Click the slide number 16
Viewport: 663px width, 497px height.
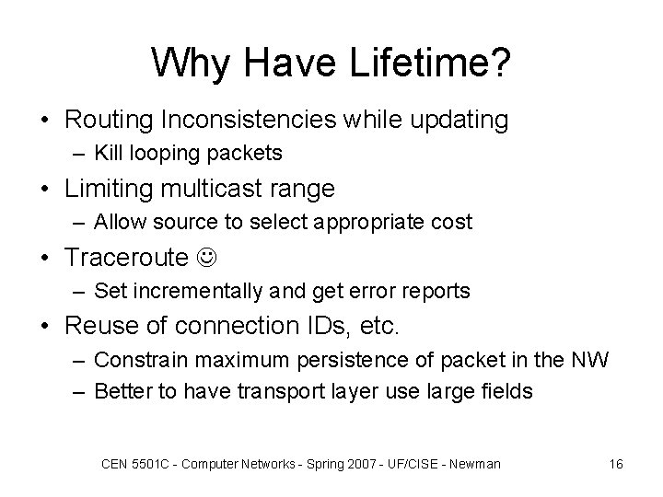click(x=616, y=464)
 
